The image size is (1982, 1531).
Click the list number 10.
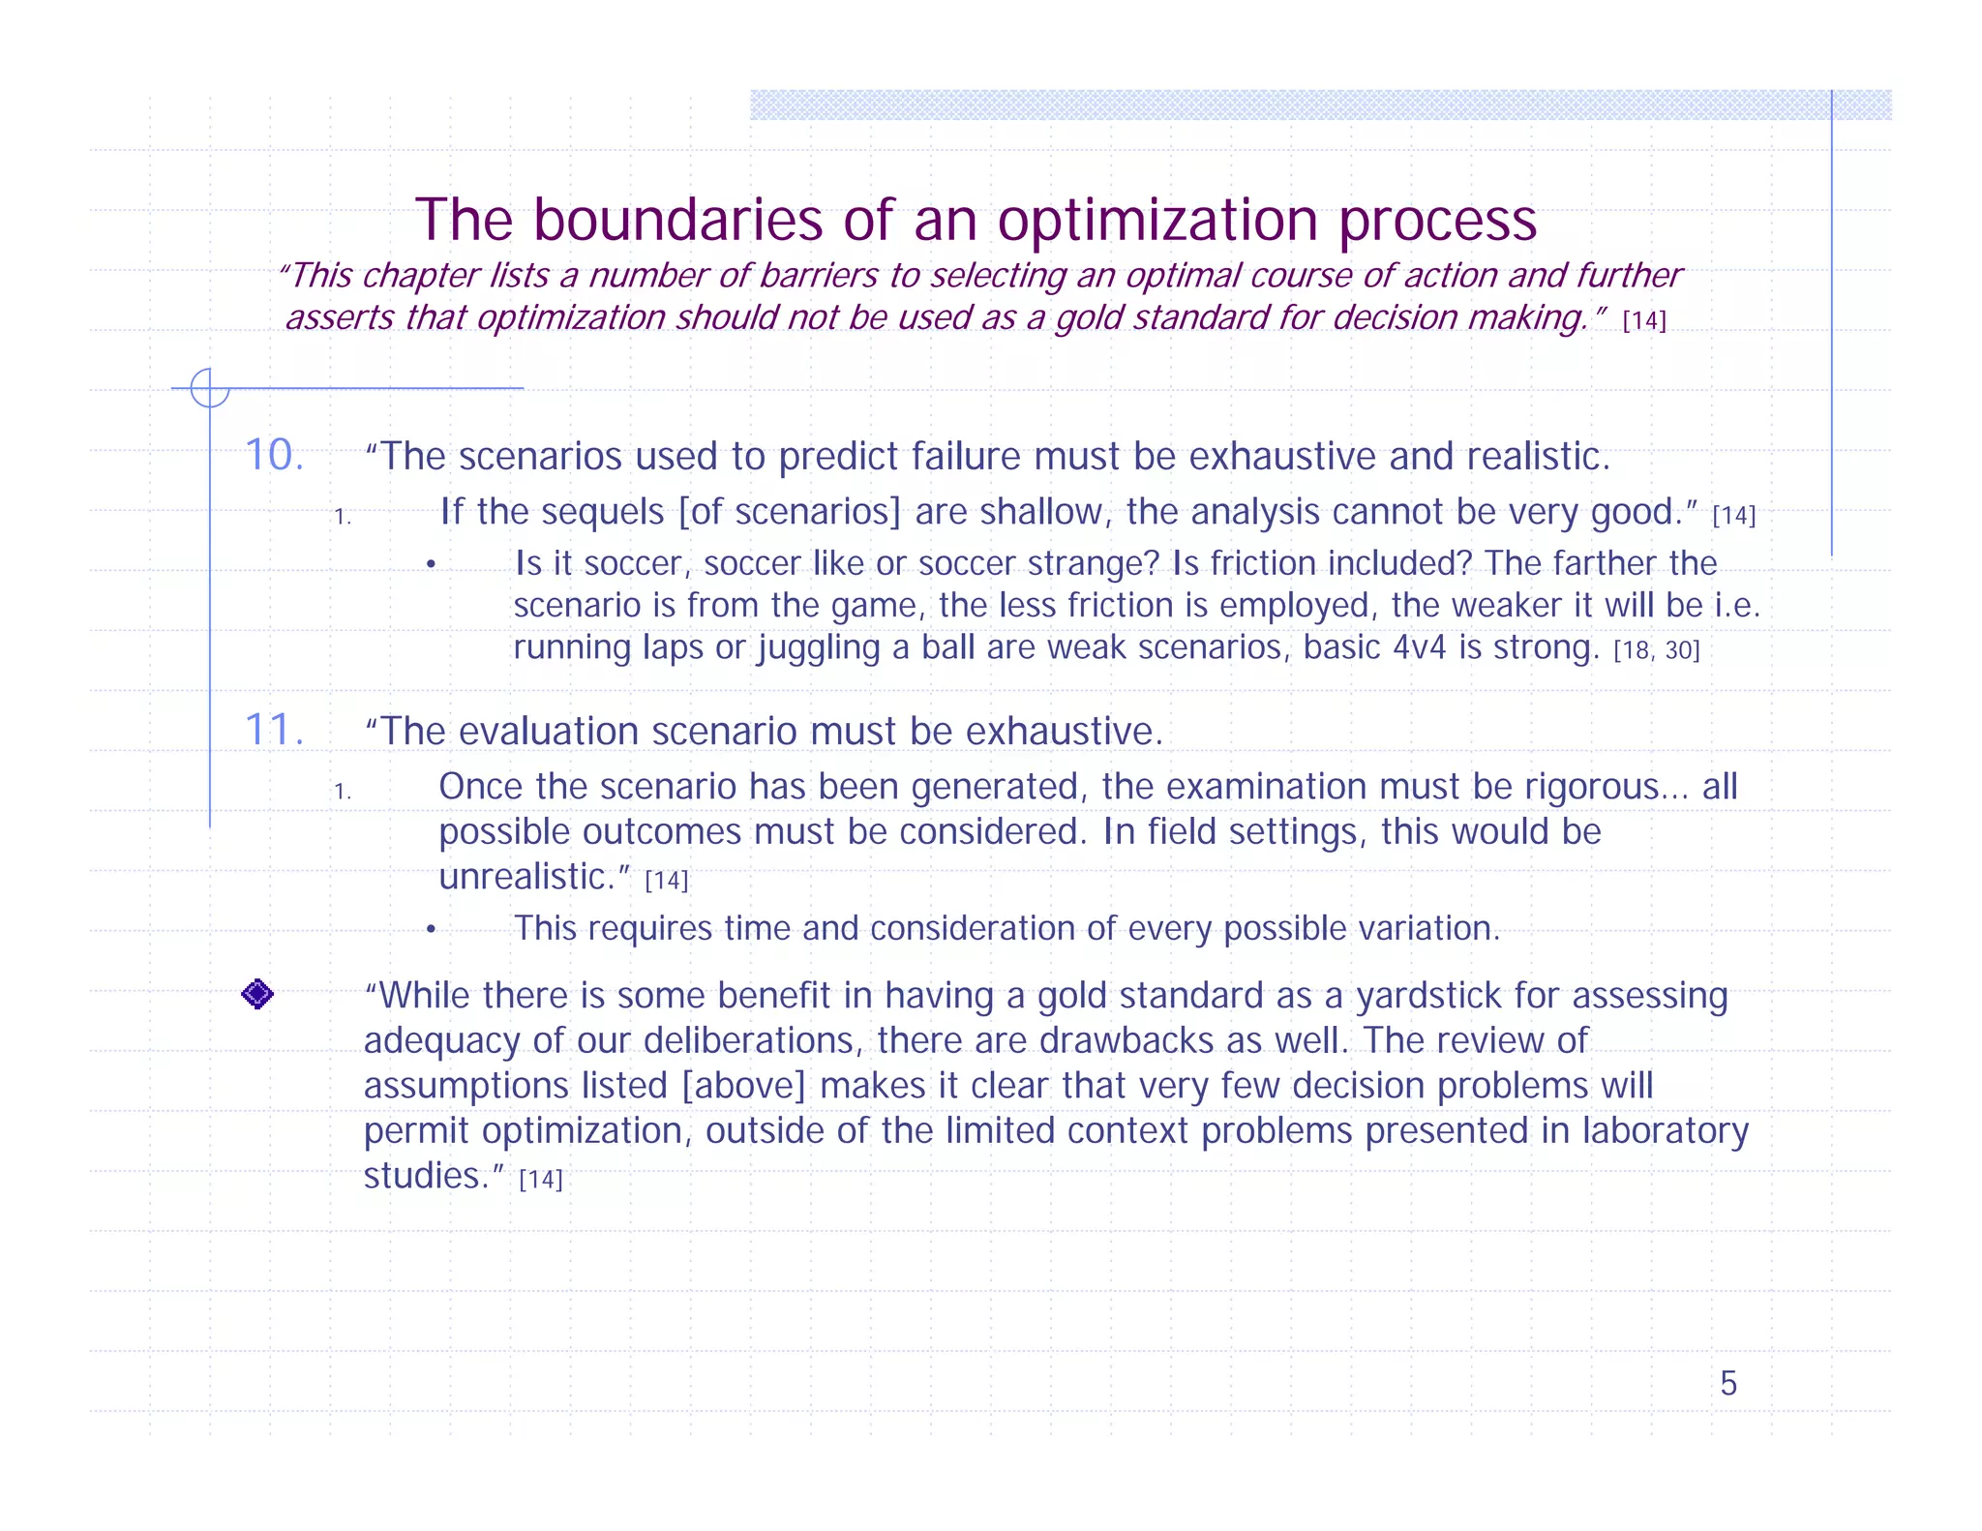[x=274, y=455]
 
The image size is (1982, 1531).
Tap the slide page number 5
[x=1727, y=1384]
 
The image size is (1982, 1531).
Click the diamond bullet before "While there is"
[x=257, y=994]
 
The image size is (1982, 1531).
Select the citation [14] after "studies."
[x=541, y=1180]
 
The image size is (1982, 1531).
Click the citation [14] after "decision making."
[x=1644, y=320]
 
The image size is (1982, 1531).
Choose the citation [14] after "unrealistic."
[x=667, y=881]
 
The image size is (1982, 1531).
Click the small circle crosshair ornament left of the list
[x=209, y=388]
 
